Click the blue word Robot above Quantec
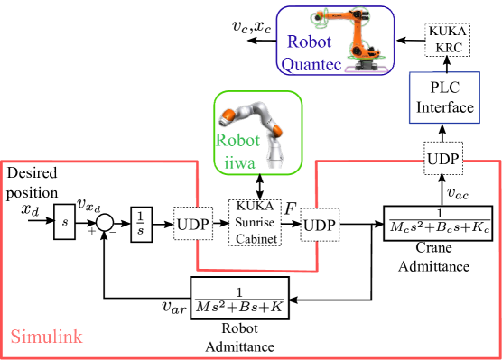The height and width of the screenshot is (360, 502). click(x=309, y=42)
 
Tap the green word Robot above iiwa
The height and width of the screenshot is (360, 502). click(x=237, y=140)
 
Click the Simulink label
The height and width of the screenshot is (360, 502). click(x=47, y=337)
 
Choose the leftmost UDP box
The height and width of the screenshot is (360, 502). click(x=193, y=224)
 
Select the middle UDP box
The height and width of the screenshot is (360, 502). click(x=320, y=225)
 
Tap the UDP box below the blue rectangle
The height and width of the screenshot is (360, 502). click(x=443, y=159)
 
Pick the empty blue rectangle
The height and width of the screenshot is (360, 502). click(x=444, y=97)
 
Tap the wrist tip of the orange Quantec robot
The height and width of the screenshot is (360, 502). click(x=319, y=18)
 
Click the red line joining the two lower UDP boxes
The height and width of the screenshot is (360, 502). click(x=257, y=269)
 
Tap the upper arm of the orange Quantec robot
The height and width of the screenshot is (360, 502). click(x=343, y=16)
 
